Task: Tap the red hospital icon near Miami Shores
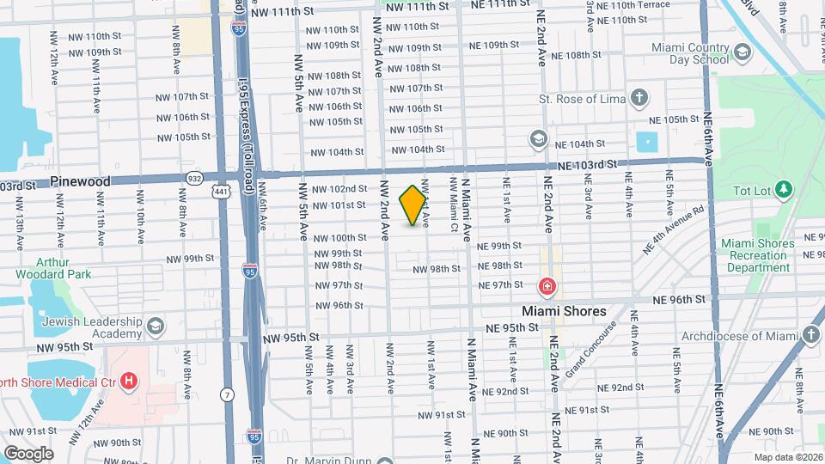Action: (x=547, y=286)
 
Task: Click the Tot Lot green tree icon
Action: (x=782, y=188)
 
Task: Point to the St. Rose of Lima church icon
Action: (x=639, y=98)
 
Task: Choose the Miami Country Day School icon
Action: (x=742, y=53)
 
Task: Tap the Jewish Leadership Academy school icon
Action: (x=155, y=327)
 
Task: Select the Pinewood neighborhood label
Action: (x=80, y=181)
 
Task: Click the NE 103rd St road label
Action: (x=587, y=164)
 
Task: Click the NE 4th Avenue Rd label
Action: (x=674, y=229)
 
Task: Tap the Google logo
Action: (x=28, y=453)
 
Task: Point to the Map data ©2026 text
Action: (x=787, y=456)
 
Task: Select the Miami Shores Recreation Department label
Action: (x=758, y=256)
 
